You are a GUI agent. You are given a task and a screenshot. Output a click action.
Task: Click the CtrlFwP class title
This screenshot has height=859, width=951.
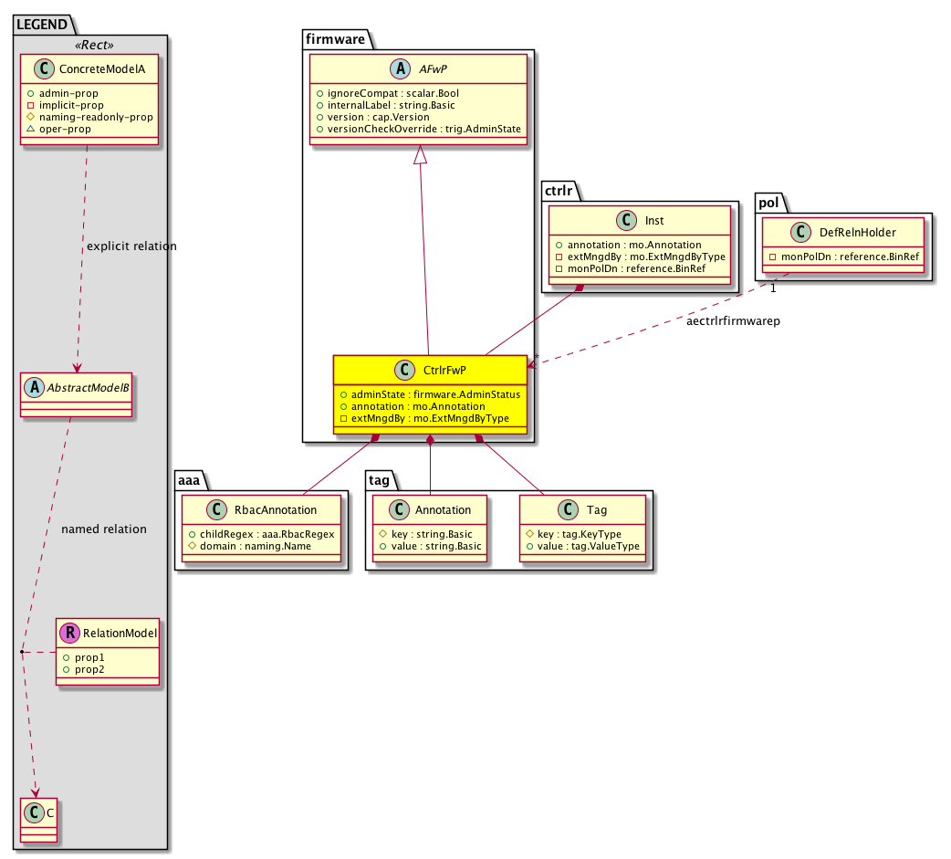coord(444,370)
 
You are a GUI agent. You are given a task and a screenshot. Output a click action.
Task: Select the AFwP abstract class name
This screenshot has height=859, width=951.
coord(433,69)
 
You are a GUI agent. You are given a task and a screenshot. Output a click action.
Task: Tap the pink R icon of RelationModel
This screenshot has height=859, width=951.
coord(69,633)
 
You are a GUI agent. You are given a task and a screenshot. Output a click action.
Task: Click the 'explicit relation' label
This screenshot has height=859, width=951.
coord(131,246)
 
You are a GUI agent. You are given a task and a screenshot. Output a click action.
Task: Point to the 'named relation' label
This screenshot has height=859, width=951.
coord(104,529)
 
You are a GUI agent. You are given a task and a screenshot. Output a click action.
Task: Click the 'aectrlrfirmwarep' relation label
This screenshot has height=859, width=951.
coord(733,321)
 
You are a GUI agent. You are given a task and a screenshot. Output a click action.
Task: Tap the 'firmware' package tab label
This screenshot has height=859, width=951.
coord(335,39)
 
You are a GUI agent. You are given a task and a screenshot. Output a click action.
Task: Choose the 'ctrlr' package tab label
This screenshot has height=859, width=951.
coord(559,191)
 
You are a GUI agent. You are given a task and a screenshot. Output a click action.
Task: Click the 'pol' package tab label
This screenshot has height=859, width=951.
coord(768,204)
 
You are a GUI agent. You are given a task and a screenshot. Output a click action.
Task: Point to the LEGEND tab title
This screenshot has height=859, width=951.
coord(42,25)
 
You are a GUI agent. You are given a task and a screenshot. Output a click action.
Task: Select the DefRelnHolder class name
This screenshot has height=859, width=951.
coord(858,233)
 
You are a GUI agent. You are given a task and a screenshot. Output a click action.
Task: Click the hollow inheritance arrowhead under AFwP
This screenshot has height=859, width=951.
coord(421,154)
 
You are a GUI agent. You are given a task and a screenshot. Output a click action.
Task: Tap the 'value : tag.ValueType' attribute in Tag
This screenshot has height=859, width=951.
coord(582,546)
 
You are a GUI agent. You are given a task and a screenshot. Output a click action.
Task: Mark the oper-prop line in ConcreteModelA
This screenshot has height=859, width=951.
coord(58,129)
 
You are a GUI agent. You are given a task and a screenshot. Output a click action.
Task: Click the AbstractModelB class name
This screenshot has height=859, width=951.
coord(88,388)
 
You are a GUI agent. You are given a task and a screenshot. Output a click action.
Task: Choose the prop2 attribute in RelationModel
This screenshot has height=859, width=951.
coord(84,669)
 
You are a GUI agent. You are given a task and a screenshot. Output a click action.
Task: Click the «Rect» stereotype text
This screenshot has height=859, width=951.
coord(94,46)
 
